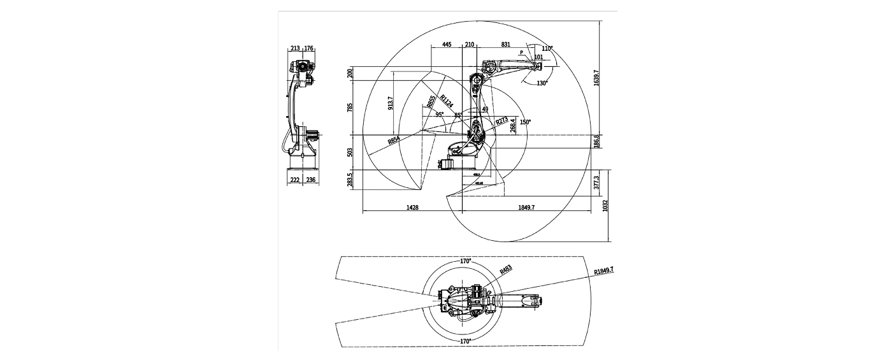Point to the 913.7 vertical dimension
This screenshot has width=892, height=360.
(x=390, y=103)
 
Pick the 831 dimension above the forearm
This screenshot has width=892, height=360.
(x=505, y=45)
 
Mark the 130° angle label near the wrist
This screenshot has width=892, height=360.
(x=542, y=83)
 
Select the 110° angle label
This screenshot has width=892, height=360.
(x=547, y=48)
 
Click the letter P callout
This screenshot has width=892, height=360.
(x=521, y=52)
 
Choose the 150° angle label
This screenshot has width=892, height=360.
(x=525, y=122)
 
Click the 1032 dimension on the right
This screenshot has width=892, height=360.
(x=605, y=206)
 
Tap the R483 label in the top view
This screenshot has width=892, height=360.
(x=506, y=270)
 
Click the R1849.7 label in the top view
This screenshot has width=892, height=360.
(x=606, y=271)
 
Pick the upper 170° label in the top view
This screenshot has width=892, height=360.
(x=466, y=261)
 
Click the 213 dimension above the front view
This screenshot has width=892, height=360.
(x=295, y=48)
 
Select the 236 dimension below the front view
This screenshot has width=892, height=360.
(x=311, y=180)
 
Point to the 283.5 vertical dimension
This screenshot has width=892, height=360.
(x=349, y=180)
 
